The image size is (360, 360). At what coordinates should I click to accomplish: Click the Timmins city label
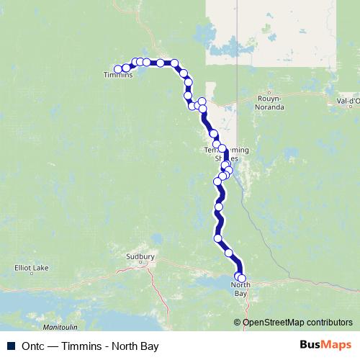pos(118,75)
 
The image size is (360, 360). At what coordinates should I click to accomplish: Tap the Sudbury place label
pos(140,256)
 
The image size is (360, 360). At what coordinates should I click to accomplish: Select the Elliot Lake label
pos(32,269)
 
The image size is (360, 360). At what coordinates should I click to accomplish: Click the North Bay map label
pos(240,290)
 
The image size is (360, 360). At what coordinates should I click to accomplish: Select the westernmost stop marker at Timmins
pos(118,69)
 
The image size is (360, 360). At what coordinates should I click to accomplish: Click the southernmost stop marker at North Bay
pos(242,279)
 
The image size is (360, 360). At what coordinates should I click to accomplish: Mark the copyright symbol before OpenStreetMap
pos(238,322)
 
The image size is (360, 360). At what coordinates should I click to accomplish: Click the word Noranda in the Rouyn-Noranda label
pos(269,107)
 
